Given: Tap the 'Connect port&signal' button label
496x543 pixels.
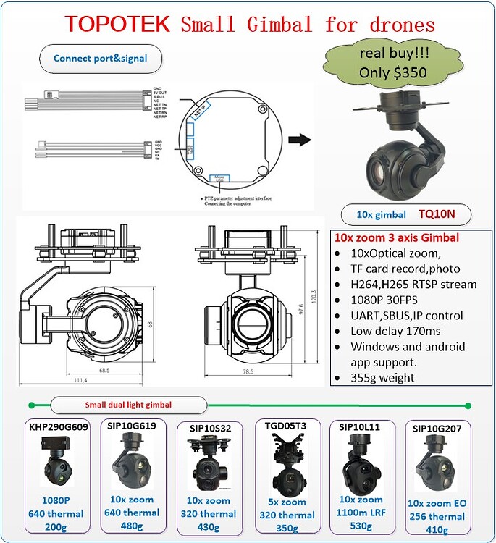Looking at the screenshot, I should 101,58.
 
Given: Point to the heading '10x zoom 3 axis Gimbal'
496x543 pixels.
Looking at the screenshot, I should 396,237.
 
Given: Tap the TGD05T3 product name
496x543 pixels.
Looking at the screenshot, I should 287,426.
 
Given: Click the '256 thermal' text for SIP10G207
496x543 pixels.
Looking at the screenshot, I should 437,516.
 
